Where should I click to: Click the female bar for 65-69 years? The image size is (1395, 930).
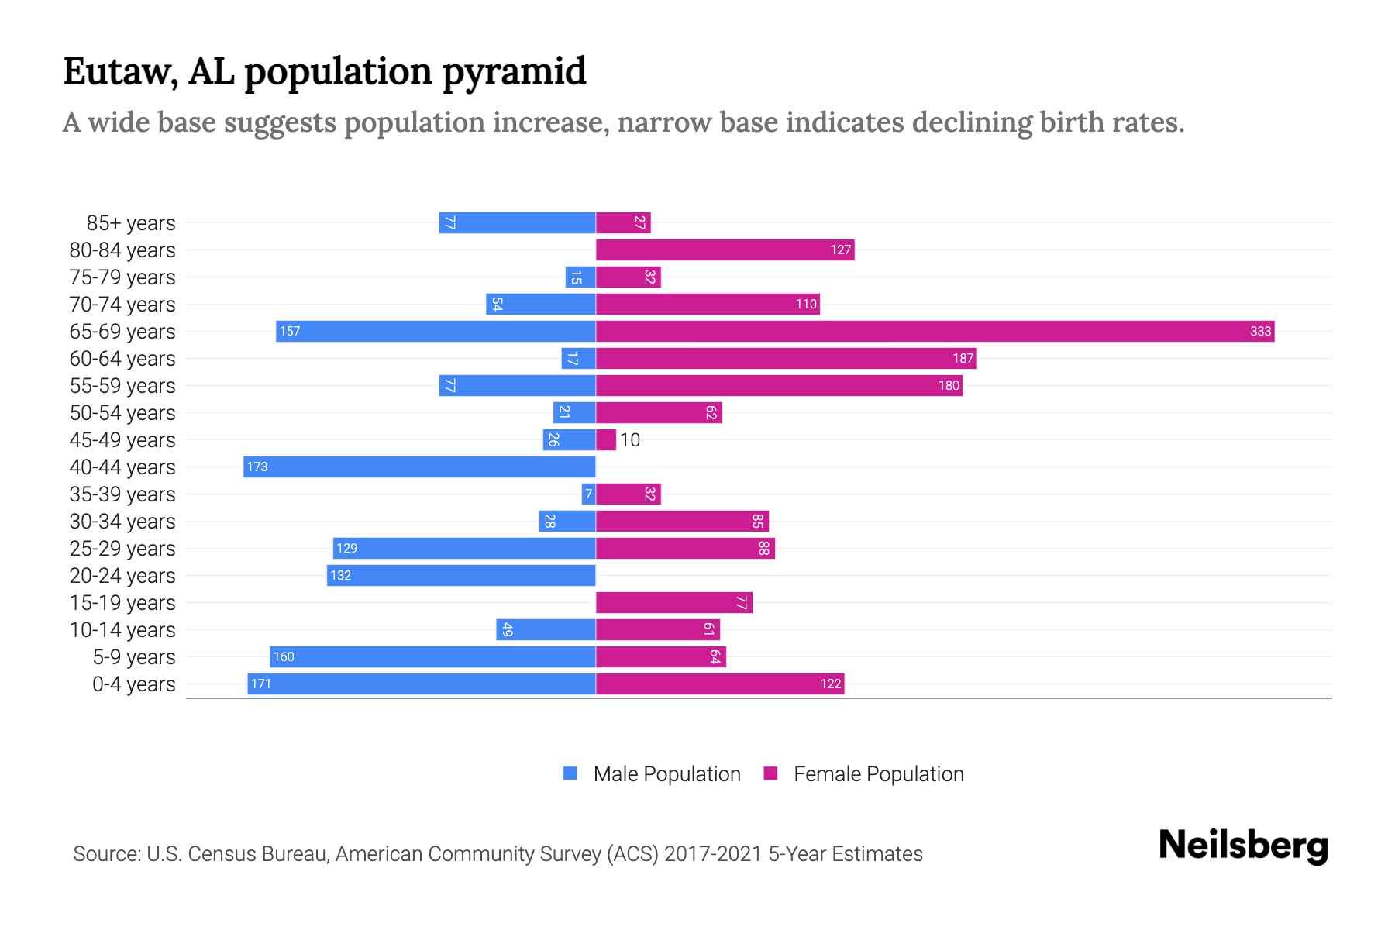point(934,331)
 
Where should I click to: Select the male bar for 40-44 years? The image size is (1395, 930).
point(419,467)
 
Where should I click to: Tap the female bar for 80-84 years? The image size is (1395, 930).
point(725,250)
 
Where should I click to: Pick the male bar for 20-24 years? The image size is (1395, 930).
point(461,575)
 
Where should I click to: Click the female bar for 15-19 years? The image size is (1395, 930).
point(673,602)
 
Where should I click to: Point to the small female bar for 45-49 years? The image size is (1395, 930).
point(605,439)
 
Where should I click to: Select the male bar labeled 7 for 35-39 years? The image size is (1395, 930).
point(588,494)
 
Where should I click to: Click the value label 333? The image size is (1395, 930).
point(1260,331)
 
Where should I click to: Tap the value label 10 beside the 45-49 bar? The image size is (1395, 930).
point(630,440)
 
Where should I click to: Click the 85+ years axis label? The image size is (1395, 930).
point(130,223)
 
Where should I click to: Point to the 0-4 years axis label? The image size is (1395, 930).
point(133,684)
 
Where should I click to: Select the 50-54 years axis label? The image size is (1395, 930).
point(122,413)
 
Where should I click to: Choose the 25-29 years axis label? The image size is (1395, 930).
point(122,549)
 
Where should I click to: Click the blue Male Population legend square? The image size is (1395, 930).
point(570,773)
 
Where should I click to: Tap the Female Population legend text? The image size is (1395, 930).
point(878,774)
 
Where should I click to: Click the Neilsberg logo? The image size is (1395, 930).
point(1243,846)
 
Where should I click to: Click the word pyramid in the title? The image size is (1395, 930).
point(514,72)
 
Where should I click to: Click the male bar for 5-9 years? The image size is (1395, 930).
point(432,656)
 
